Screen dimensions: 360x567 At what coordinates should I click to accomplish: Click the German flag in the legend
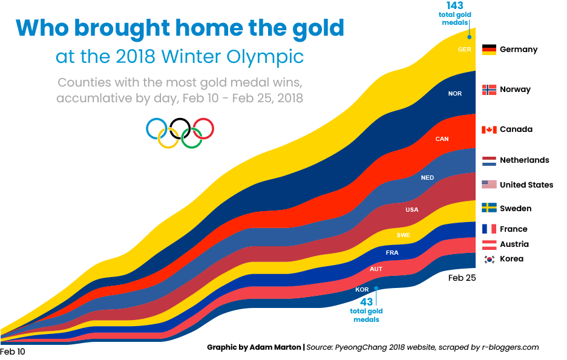point(489,50)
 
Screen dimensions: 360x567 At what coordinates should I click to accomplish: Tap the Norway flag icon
point(489,90)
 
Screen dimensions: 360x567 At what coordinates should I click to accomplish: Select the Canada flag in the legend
point(489,129)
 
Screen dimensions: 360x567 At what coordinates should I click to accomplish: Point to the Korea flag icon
point(489,259)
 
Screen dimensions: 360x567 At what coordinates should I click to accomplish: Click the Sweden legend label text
point(516,209)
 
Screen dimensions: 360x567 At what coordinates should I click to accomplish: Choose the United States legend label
point(526,185)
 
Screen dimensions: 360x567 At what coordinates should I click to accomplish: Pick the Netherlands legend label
point(525,160)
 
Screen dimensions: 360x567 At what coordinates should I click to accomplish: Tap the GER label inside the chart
point(465,50)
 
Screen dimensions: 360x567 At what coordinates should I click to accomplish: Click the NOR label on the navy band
point(454,94)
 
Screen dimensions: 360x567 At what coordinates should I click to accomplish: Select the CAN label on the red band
point(442,139)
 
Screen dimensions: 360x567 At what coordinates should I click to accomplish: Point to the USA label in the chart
point(411,210)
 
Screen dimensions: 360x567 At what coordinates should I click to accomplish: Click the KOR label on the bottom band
point(362,290)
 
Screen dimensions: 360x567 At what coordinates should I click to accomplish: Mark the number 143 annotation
point(455,6)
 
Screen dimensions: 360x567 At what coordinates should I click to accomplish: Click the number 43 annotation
point(366,301)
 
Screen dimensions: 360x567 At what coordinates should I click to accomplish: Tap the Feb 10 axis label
point(13,352)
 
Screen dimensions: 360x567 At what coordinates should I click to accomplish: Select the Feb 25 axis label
point(462,278)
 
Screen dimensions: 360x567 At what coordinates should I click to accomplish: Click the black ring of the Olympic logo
point(180,128)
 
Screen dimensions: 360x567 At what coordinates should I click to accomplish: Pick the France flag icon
point(489,229)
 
